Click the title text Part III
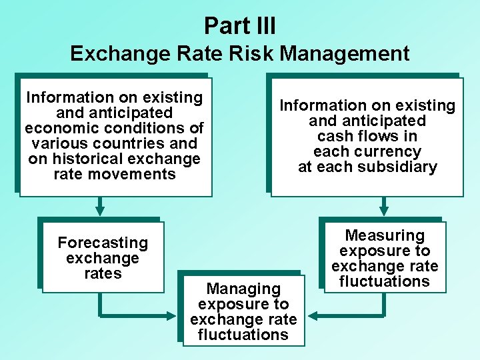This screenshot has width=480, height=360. tap(240, 26)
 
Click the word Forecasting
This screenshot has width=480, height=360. tap(103, 243)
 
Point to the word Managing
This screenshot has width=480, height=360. tap(243, 289)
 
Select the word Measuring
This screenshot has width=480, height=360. tap(385, 235)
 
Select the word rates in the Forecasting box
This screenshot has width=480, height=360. tap(103, 273)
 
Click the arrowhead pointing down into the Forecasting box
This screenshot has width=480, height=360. tap(100, 210)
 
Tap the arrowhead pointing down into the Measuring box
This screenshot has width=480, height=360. tap(385, 210)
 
